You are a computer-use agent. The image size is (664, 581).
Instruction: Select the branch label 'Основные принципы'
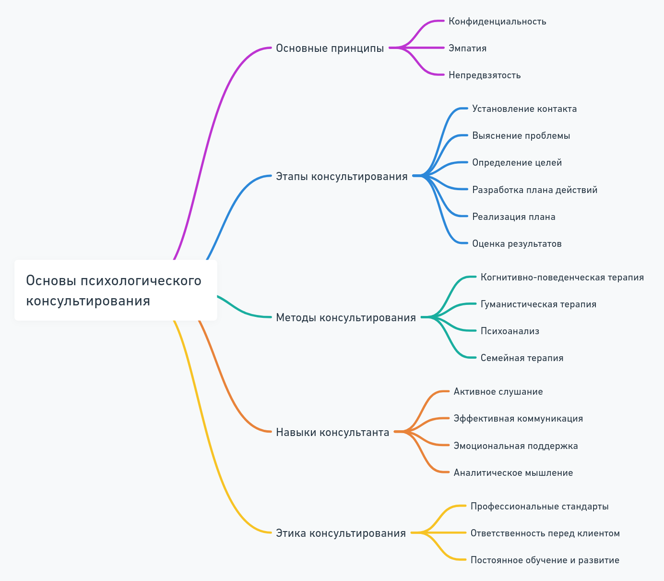pyautogui.click(x=330, y=48)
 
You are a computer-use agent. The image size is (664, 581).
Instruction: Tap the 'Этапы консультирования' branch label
pyautogui.click(x=342, y=176)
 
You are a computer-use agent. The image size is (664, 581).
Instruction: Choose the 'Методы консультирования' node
pyautogui.click(x=345, y=317)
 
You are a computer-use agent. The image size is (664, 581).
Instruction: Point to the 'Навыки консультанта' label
pyautogui.click(x=332, y=432)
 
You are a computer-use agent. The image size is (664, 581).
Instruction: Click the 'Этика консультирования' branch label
pyautogui.click(x=341, y=533)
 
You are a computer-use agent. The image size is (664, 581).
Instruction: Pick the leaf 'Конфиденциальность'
pyautogui.click(x=497, y=22)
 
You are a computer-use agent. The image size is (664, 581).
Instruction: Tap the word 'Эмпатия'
pyautogui.click(x=467, y=48)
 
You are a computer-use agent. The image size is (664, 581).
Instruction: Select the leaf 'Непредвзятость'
pyautogui.click(x=485, y=75)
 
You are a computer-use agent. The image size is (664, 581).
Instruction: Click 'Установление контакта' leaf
pyautogui.click(x=524, y=109)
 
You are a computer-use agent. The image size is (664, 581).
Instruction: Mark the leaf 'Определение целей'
pyautogui.click(x=517, y=163)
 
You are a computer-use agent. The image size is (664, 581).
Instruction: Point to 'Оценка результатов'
pyautogui.click(x=517, y=244)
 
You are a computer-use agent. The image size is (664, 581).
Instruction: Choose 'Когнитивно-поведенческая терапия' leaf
pyautogui.click(x=562, y=278)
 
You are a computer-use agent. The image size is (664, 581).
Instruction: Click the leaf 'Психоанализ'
pyautogui.click(x=510, y=331)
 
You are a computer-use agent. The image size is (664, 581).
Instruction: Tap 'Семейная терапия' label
pyautogui.click(x=522, y=358)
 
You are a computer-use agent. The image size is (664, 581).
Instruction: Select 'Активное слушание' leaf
pyautogui.click(x=498, y=392)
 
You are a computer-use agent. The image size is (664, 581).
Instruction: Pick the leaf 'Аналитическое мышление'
pyautogui.click(x=513, y=473)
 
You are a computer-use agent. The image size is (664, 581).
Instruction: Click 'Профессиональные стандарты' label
pyautogui.click(x=539, y=507)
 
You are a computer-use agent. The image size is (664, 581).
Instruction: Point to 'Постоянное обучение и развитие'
pyautogui.click(x=545, y=560)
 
